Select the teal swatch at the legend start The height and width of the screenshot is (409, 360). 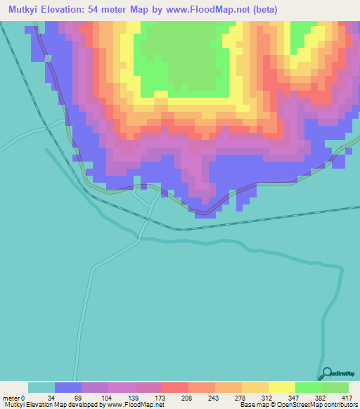click(41, 387)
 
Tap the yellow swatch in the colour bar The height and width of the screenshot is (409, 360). click(281, 387)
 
